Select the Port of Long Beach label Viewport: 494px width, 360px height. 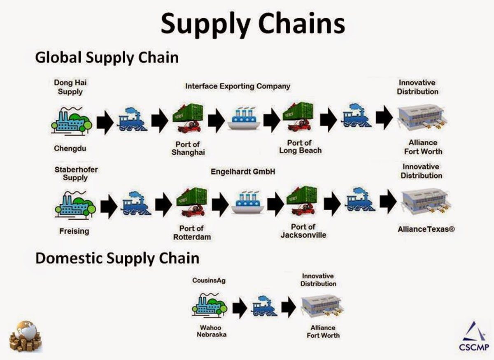click(300, 147)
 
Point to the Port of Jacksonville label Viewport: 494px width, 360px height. click(303, 231)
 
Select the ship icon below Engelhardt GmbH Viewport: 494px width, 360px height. click(247, 203)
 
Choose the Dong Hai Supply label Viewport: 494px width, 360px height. click(70, 87)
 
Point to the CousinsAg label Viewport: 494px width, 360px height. click(209, 281)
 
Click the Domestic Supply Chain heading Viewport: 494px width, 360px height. click(117, 258)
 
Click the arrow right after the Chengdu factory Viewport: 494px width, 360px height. click(105, 123)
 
